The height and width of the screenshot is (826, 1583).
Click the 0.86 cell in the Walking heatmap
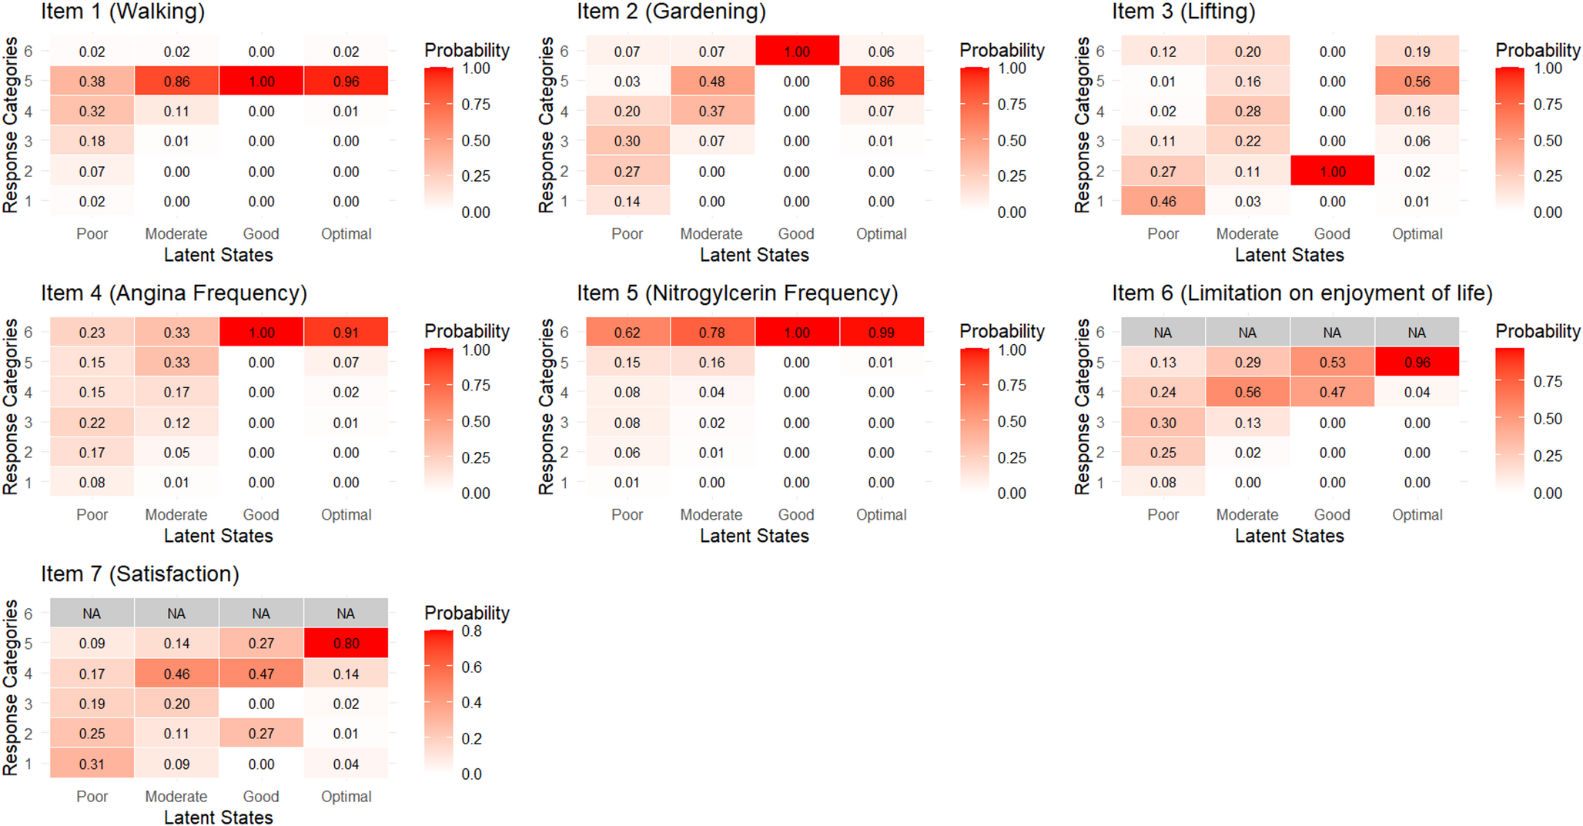coord(176,82)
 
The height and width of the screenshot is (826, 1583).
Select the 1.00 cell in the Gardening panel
coord(796,52)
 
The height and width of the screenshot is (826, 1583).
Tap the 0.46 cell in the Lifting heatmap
coord(1163,202)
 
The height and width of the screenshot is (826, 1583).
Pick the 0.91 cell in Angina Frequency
coord(346,333)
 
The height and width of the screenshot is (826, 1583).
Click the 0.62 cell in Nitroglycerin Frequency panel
coord(627,333)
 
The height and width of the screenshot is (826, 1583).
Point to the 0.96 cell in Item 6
coord(1417,363)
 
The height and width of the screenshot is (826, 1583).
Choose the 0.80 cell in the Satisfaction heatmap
coord(346,644)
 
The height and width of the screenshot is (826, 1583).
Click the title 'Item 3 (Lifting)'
coord(1183,12)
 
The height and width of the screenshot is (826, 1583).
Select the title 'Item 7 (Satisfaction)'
coord(140,574)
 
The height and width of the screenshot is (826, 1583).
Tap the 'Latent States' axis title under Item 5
coord(754,536)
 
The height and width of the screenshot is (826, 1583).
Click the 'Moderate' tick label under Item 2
coord(711,234)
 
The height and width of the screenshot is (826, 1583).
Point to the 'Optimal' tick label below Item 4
coord(346,515)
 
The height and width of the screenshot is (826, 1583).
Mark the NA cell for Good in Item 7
coord(261,614)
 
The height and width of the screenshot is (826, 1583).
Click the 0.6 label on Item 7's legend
coord(471,667)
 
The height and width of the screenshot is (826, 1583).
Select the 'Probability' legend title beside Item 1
coord(467,51)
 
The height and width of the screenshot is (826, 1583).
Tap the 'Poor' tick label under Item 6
coord(1163,515)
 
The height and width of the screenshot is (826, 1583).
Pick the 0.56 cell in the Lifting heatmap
coord(1417,82)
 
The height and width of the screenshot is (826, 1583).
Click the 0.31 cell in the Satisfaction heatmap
coord(92,764)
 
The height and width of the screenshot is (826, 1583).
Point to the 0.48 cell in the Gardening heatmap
coord(711,82)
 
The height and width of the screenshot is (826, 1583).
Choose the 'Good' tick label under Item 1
coord(261,234)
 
